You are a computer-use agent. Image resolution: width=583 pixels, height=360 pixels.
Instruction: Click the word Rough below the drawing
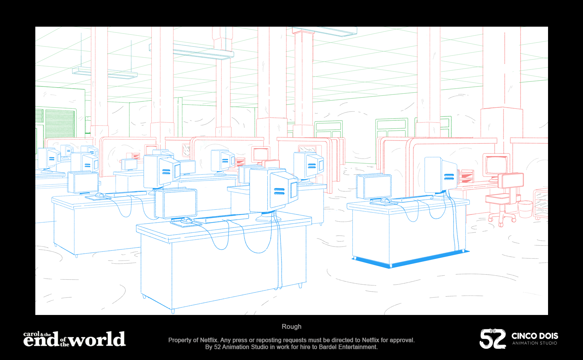[291, 326]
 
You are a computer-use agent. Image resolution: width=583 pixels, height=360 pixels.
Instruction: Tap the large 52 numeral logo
[492, 339]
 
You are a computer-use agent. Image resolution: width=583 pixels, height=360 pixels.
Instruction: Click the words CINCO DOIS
[535, 336]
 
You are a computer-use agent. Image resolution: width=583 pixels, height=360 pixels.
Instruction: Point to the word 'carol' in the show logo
[31, 334]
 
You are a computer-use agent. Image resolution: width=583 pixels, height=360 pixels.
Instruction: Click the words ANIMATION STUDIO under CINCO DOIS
[535, 343]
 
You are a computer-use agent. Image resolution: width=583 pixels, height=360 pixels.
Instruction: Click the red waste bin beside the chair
[525, 209]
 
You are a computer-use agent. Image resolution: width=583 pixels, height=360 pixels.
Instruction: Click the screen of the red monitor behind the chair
[497, 165]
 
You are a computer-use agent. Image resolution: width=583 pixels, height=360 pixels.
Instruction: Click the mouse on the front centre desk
[187, 220]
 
